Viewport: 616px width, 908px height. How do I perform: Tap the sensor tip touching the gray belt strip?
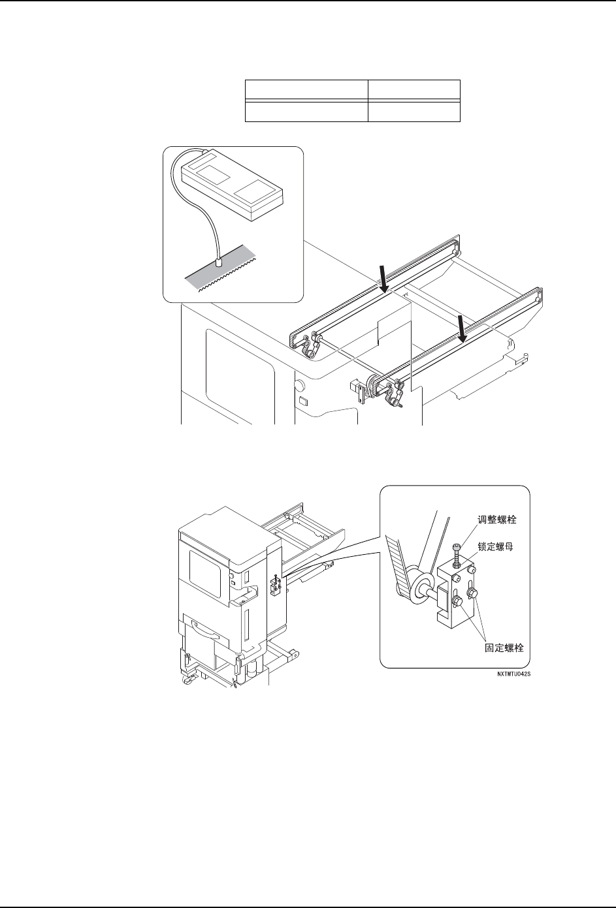point(219,262)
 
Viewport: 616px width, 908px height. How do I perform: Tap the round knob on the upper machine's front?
point(299,384)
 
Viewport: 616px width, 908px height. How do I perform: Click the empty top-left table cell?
point(306,89)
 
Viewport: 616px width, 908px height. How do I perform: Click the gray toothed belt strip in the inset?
point(222,274)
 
